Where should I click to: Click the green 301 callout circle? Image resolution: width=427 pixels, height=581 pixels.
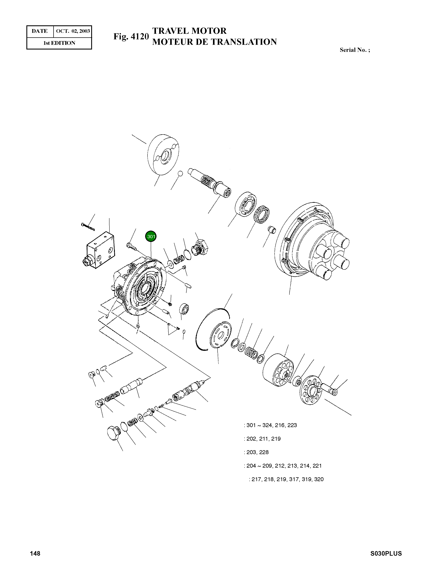pos(151,236)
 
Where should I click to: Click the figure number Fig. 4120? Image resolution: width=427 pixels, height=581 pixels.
pos(131,37)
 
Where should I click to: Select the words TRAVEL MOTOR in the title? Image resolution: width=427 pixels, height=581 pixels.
pos(189,31)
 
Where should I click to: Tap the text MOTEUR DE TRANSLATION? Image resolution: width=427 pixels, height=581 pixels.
pos(214,42)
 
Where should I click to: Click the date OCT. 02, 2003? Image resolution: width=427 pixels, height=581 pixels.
pos(73,31)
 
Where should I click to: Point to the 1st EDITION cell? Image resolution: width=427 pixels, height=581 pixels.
pos(59,43)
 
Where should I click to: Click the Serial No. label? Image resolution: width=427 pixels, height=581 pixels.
pos(354,50)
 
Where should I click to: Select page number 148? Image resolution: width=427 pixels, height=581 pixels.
pos(35,553)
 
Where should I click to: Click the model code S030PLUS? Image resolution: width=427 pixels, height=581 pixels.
pos(386,553)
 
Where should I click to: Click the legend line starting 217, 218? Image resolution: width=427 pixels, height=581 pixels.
pos(286,479)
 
